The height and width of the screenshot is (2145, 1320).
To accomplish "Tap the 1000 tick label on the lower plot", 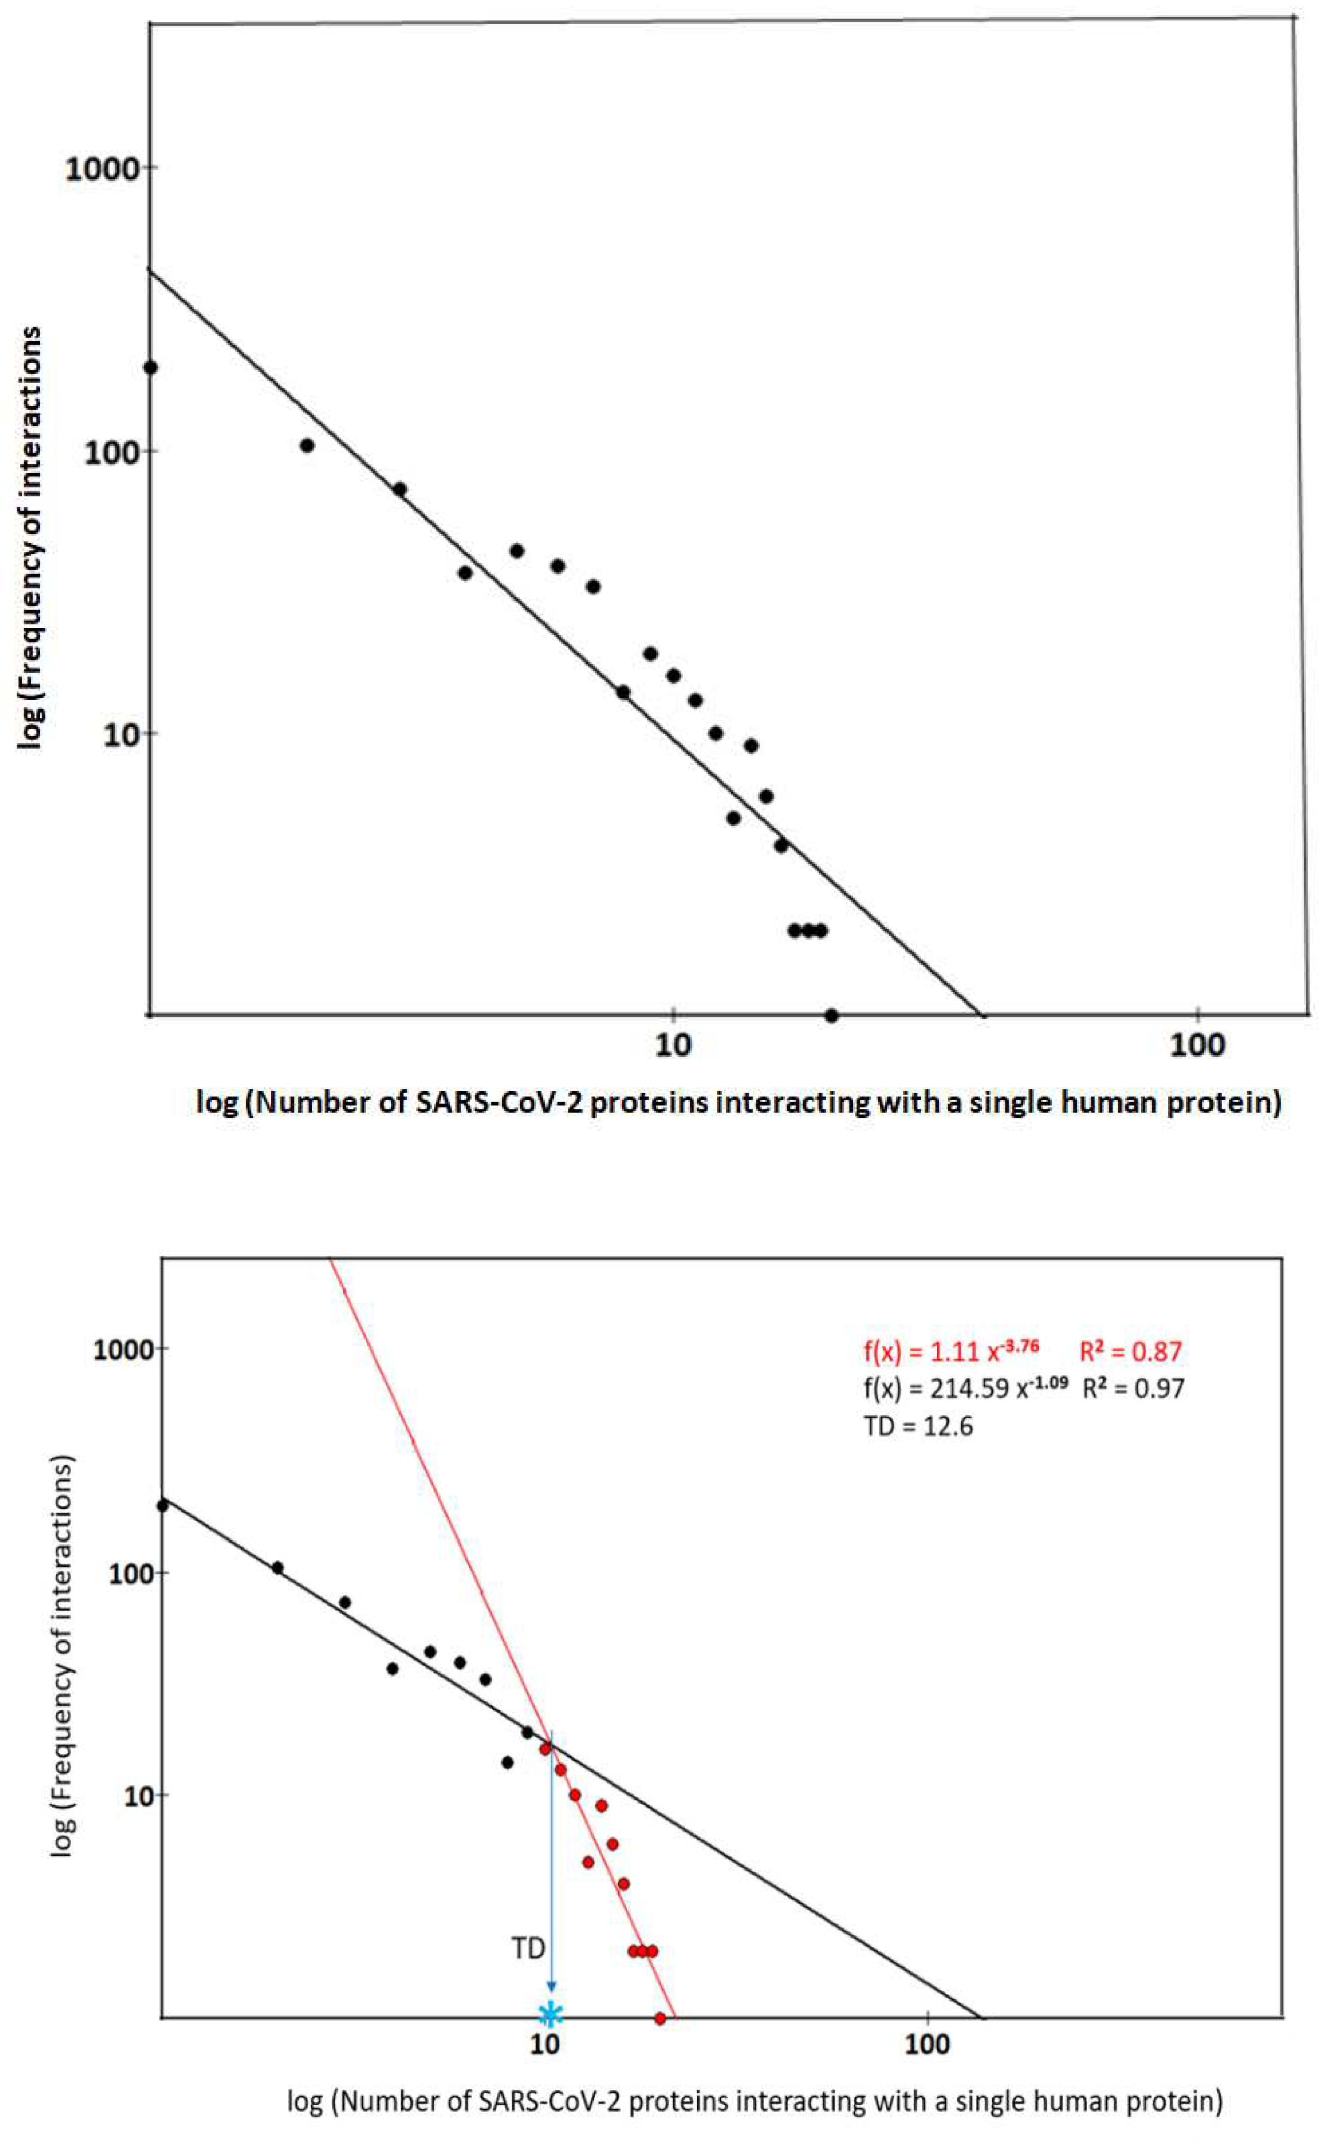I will (124, 1349).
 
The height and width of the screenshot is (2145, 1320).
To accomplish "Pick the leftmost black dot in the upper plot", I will (151, 367).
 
